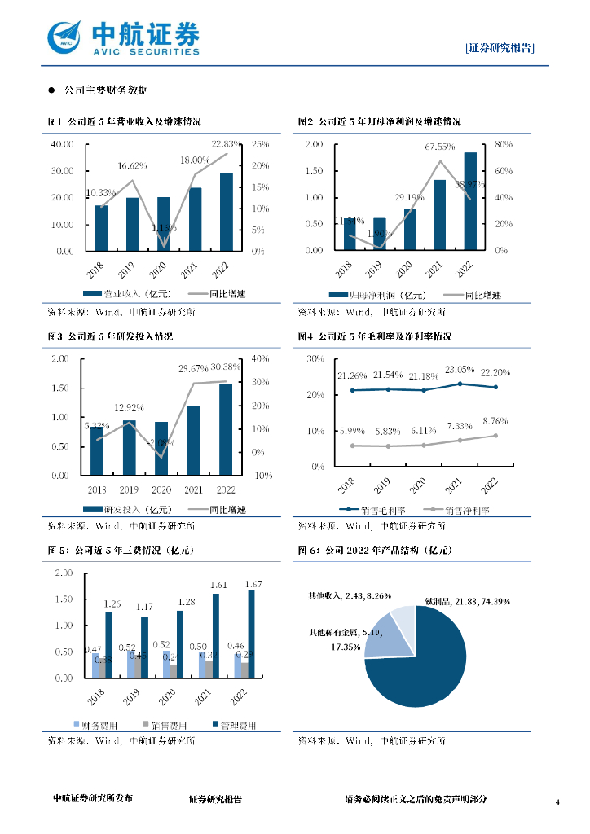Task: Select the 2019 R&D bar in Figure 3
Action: pos(129,447)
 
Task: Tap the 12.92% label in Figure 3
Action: pos(130,407)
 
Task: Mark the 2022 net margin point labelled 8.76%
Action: pos(495,436)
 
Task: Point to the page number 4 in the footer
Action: pos(558,802)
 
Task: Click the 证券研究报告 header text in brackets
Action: pos(500,48)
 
